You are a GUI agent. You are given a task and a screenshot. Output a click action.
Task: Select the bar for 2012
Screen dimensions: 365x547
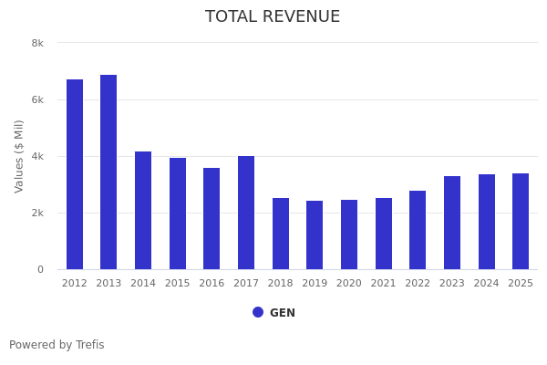(75, 174)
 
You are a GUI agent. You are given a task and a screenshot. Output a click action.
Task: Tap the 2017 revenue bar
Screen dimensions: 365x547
(246, 213)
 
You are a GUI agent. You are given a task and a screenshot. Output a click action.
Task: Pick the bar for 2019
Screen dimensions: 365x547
(315, 235)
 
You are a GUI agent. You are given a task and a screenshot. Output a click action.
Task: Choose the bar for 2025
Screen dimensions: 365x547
(521, 221)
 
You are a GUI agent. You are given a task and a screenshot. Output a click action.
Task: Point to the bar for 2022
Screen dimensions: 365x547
(418, 230)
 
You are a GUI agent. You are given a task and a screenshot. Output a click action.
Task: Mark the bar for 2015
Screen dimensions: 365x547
(178, 214)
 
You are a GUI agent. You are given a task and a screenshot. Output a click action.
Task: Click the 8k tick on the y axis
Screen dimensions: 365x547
(37, 43)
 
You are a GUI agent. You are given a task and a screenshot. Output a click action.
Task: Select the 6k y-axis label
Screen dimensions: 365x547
(37, 99)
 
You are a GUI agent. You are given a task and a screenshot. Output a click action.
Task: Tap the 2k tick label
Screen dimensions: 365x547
(37, 213)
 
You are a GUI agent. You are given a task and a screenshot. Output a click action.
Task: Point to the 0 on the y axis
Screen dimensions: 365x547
(40, 269)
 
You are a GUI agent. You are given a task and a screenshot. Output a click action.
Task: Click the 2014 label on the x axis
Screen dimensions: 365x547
(143, 284)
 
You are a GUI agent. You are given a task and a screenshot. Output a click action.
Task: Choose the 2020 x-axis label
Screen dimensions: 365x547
(349, 284)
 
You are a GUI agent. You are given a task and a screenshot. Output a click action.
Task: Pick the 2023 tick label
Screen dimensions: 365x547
(452, 284)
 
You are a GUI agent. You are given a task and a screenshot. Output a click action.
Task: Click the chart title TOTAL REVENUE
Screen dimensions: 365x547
(273, 17)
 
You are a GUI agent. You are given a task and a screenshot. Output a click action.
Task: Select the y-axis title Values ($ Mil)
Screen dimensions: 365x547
(19, 156)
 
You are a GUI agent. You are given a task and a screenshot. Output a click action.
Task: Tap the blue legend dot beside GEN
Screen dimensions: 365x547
(258, 312)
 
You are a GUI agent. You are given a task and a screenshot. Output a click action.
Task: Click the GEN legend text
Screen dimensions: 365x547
(283, 313)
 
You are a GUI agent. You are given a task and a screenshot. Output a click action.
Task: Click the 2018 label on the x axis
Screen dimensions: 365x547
(281, 284)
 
